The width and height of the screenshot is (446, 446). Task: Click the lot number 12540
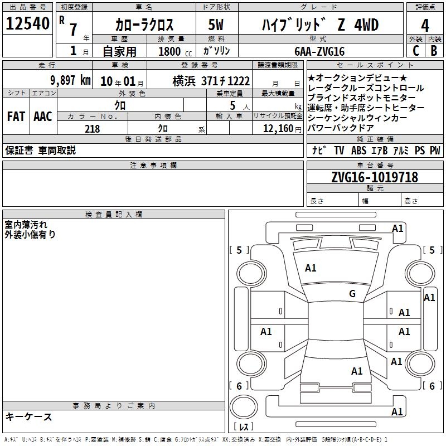pyautogui.click(x=27, y=23)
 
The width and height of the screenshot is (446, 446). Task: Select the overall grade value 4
pyautogui.click(x=425, y=26)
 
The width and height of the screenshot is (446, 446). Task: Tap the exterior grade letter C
pyautogui.click(x=416, y=51)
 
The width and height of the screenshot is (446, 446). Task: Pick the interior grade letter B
pyautogui.click(x=434, y=51)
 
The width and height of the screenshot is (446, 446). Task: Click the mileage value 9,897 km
pyautogui.click(x=71, y=80)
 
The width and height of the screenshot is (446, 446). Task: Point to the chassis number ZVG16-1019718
pyautogui.click(x=375, y=177)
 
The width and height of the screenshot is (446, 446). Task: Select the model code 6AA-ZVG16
pyautogui.click(x=319, y=51)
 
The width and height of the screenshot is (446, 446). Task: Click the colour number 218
pyautogui.click(x=92, y=129)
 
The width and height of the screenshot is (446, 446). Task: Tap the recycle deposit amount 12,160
pyautogui.click(x=278, y=129)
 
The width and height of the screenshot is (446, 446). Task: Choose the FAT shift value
pyautogui.click(x=16, y=117)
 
